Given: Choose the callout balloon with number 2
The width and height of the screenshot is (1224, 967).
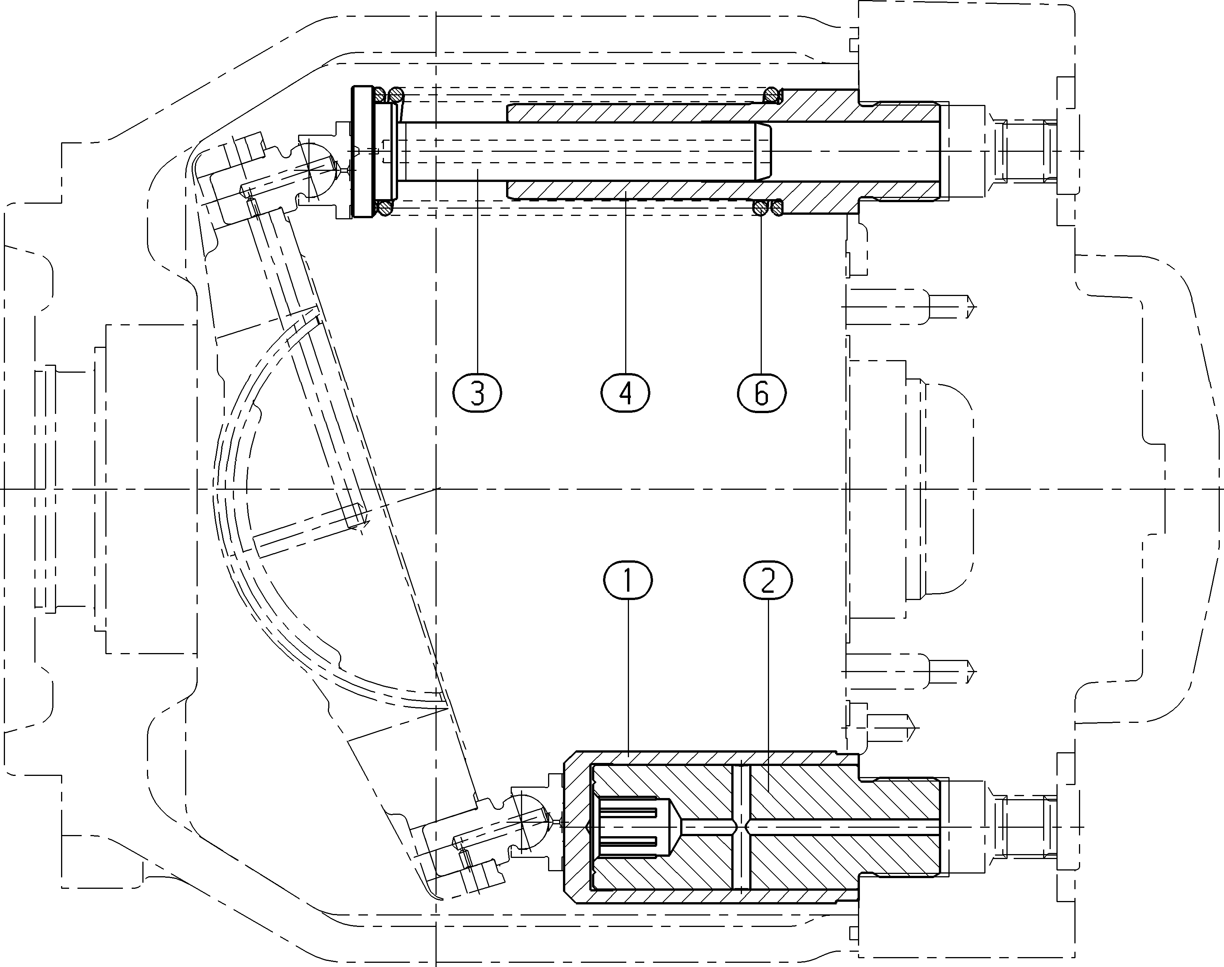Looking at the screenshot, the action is click(x=768, y=580).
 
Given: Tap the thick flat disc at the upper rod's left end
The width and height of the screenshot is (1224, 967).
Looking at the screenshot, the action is click(x=363, y=152).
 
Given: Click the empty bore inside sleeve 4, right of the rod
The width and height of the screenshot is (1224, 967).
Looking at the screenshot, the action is click(x=855, y=152).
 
